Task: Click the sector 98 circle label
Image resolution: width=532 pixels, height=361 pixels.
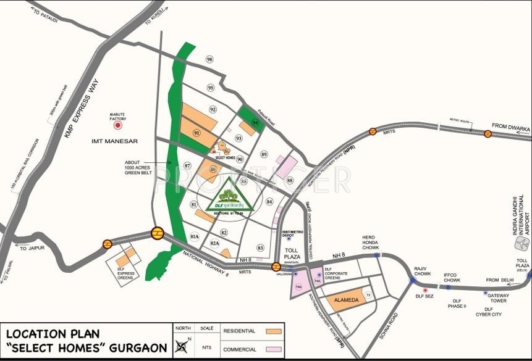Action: pyautogui.click(x=209, y=59)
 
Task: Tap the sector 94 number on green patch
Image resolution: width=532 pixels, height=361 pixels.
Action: pyautogui.click(x=255, y=123)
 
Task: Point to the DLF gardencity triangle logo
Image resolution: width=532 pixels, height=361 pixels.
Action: pyautogui.click(x=230, y=196)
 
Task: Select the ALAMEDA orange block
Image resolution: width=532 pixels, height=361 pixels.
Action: pyautogui.click(x=346, y=300)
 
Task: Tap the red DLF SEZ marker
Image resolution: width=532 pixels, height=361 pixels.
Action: pyautogui.click(x=425, y=289)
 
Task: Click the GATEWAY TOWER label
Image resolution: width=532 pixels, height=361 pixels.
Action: pyautogui.click(x=497, y=298)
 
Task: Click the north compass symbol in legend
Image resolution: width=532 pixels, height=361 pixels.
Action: pyautogui.click(x=182, y=346)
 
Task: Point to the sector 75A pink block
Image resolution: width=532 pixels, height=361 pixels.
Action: pyautogui.click(x=298, y=287)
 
